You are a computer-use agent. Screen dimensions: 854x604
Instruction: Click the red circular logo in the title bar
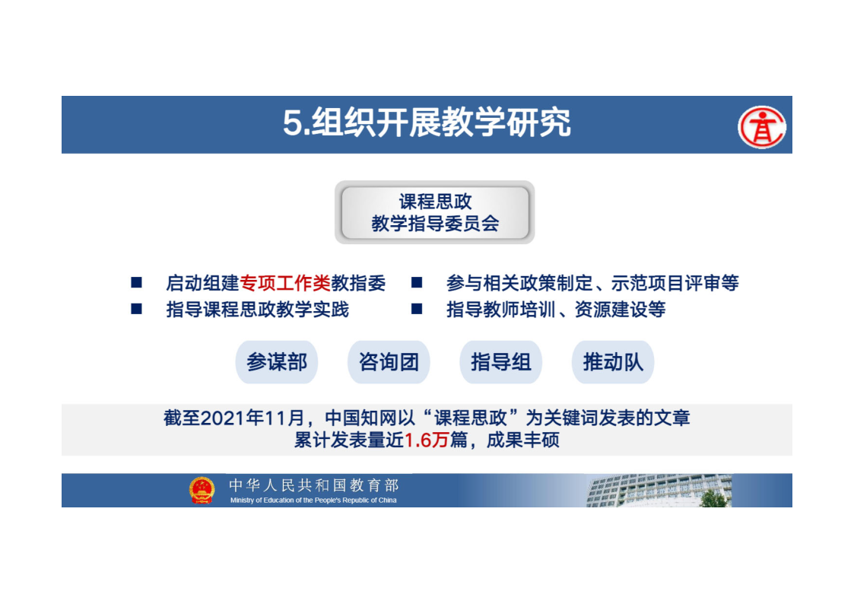point(761,127)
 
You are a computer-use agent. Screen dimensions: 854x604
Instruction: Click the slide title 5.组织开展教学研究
point(427,122)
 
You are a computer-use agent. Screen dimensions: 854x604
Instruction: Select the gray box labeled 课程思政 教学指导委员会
point(435,212)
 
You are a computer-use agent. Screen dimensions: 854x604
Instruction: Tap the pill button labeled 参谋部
point(277,362)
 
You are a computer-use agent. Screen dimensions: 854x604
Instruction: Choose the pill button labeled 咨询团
point(389,362)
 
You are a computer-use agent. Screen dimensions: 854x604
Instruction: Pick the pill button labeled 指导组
point(501,362)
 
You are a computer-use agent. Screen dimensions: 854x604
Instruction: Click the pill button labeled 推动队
point(613,362)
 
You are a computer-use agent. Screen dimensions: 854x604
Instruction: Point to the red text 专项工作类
point(285,283)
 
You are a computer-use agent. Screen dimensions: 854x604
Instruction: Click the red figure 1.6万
point(427,440)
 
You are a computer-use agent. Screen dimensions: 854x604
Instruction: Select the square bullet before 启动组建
point(137,282)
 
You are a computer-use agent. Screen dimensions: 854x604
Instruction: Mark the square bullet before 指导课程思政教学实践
point(137,309)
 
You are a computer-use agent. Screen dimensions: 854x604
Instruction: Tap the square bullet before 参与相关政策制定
point(417,282)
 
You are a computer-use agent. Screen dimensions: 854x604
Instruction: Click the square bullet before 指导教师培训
point(417,309)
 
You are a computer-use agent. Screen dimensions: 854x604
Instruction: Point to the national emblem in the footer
point(202,490)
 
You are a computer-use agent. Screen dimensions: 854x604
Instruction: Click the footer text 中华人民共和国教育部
point(314,485)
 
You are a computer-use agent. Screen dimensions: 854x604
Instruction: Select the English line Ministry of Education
point(313,500)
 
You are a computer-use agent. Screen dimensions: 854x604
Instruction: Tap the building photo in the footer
point(659,490)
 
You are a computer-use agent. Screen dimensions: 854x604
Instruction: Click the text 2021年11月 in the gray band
point(252,418)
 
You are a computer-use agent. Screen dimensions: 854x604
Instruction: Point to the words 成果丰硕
point(523,440)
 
